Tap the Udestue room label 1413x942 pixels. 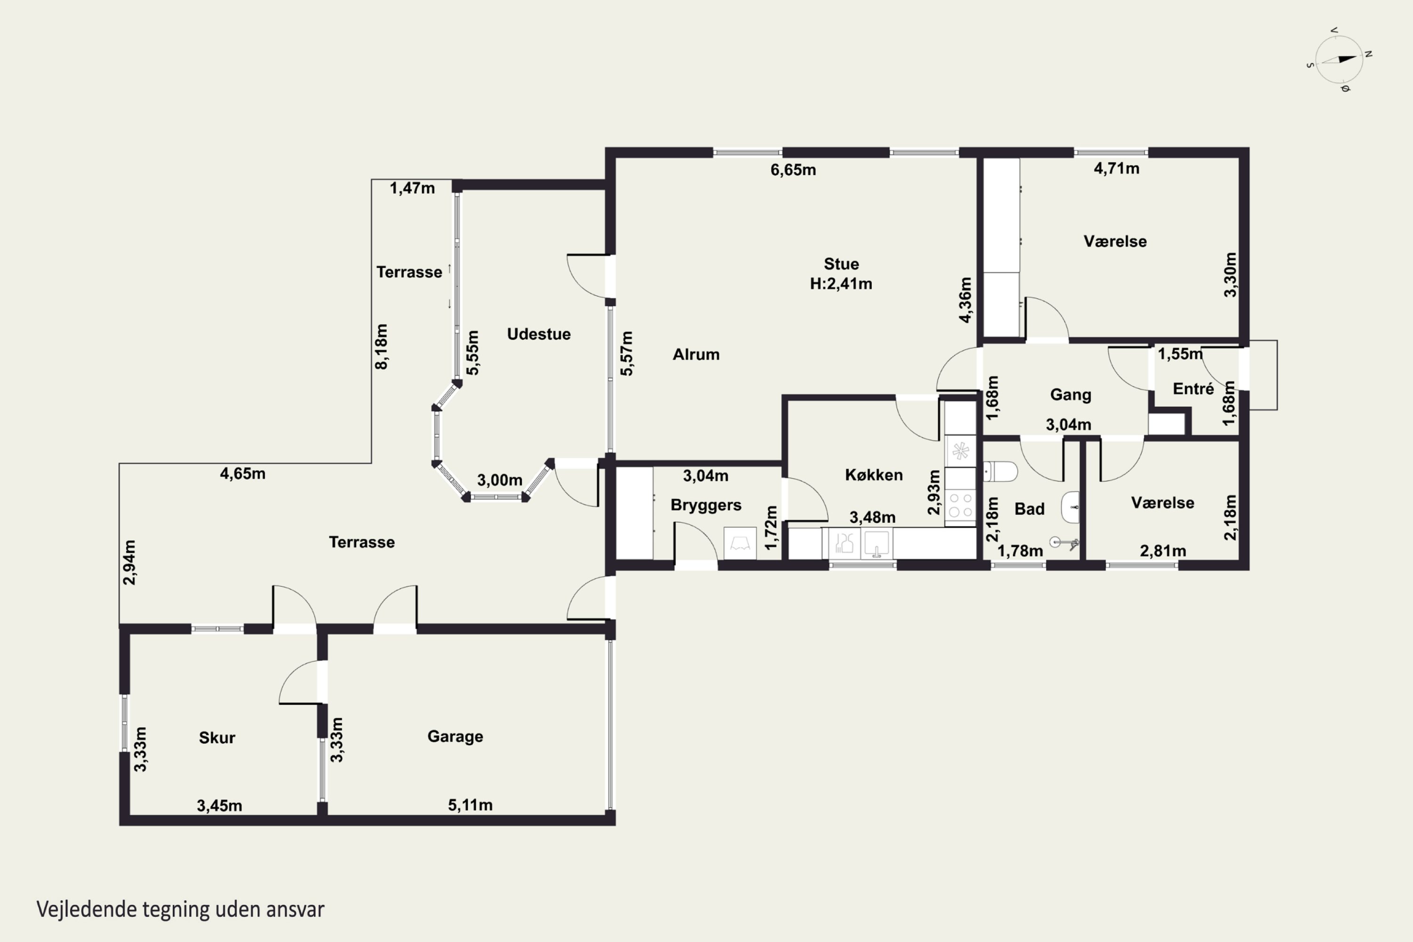538,334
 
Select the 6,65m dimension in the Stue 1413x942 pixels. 793,170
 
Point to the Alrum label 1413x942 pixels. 696,355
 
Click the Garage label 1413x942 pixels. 455,737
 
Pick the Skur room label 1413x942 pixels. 217,737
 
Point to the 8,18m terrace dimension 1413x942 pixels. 382,347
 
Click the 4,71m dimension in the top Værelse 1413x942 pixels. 1116,168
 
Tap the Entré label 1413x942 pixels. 1193,389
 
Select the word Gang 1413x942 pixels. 1071,395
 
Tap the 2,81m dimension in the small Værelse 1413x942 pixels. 1162,551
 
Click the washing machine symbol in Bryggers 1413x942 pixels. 739,543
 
